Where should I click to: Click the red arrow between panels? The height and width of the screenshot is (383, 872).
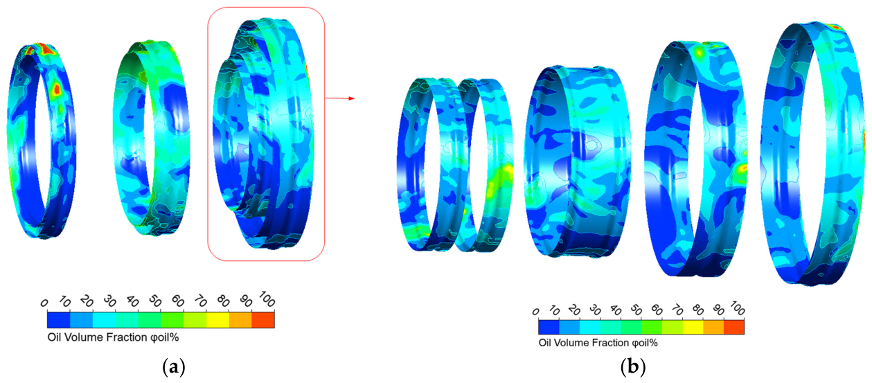click(x=340, y=98)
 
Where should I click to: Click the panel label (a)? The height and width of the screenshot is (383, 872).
click(x=174, y=366)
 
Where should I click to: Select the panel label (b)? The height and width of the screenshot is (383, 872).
click(x=632, y=366)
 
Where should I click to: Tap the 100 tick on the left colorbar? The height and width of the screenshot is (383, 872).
click(x=267, y=299)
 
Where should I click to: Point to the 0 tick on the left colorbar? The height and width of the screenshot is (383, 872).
click(x=44, y=303)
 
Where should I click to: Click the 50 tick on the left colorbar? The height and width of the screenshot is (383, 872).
click(x=155, y=301)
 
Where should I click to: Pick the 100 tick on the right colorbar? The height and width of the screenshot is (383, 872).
click(x=738, y=308)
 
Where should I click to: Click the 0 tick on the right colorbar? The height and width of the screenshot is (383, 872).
click(x=535, y=312)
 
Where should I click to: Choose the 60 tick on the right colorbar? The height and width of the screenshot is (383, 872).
click(x=657, y=310)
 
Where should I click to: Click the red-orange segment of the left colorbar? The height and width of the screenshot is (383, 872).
click(x=263, y=320)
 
